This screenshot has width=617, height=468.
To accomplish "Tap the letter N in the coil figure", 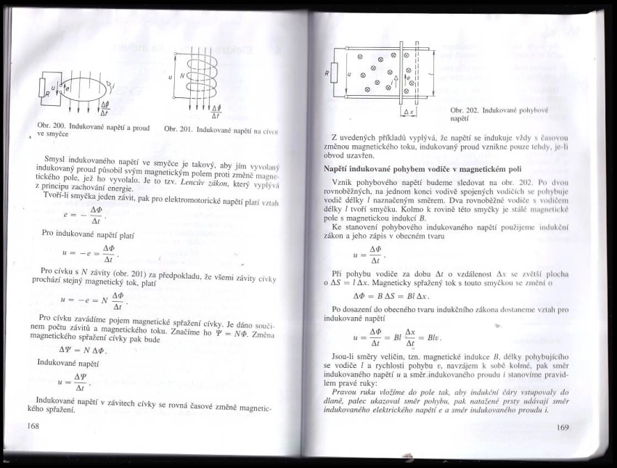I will point(183,75).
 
